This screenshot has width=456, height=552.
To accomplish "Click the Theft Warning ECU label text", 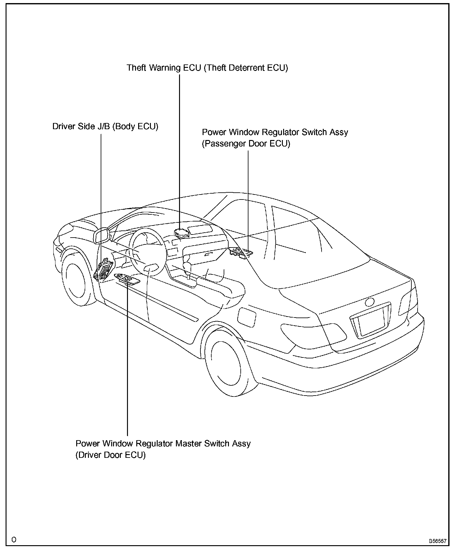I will click(207, 68).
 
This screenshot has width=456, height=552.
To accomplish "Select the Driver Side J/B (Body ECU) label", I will click(105, 126).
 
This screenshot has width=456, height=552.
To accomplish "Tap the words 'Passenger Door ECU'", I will click(246, 144).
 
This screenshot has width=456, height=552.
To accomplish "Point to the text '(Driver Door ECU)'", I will click(110, 455).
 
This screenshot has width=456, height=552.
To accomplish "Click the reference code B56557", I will click(437, 541).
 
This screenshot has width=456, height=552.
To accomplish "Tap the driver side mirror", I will click(102, 236).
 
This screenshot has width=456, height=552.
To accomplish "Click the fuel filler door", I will click(247, 317).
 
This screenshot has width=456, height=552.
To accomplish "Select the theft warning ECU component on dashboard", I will click(182, 233).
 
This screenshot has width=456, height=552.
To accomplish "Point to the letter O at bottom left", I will click(14, 540).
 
